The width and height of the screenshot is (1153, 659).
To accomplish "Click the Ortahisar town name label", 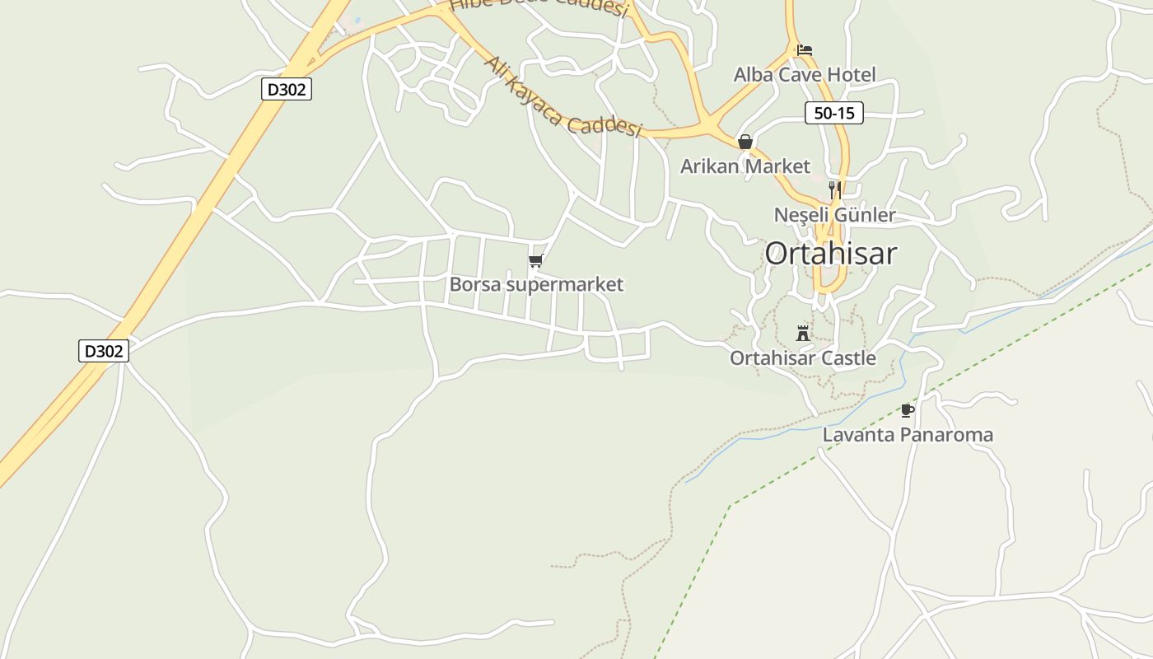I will pyautogui.click(x=830, y=254).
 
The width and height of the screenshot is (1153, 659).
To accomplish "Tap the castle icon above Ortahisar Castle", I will pyautogui.click(x=803, y=333).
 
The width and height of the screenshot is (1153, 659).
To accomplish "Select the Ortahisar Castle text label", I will pyautogui.click(x=802, y=358).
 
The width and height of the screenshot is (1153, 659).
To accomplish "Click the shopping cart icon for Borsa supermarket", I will pyautogui.click(x=536, y=261).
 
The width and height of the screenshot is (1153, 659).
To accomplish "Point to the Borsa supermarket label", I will pyautogui.click(x=536, y=285).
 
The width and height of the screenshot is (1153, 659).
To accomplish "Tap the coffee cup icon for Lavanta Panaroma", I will pyautogui.click(x=908, y=410).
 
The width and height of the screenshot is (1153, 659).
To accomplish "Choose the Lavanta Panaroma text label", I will pyautogui.click(x=908, y=435).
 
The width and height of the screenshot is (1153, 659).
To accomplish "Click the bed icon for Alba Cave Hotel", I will pyautogui.click(x=805, y=50).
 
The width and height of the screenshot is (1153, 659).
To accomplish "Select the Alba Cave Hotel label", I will pyautogui.click(x=805, y=75).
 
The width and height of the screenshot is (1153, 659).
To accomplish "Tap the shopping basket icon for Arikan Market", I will pyautogui.click(x=745, y=142).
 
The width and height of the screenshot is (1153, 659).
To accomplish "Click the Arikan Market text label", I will pyautogui.click(x=745, y=166).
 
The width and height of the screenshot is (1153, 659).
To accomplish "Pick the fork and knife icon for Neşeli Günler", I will pyautogui.click(x=834, y=190).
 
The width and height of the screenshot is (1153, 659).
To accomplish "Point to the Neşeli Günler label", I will pyautogui.click(x=834, y=215).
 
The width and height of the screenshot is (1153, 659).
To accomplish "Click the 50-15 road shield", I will pyautogui.click(x=833, y=114).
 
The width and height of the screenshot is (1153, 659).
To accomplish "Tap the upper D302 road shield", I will pyautogui.click(x=287, y=89).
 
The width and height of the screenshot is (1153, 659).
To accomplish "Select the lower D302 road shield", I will pyautogui.click(x=104, y=351).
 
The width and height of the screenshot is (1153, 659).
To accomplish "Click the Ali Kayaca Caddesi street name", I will pyautogui.click(x=562, y=97).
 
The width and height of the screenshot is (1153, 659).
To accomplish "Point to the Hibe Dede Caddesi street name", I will pyautogui.click(x=539, y=7).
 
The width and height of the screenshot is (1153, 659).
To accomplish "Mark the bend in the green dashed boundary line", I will pyautogui.click(x=731, y=504).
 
